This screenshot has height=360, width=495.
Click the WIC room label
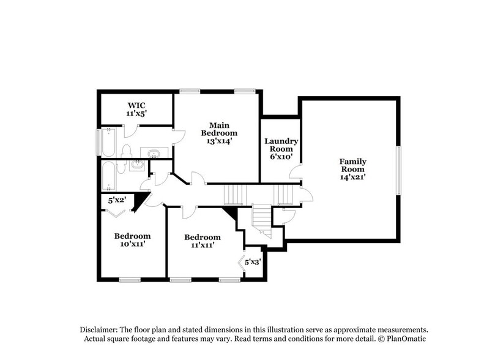136,109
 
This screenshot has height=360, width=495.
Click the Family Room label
352,169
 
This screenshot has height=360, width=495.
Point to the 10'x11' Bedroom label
132,240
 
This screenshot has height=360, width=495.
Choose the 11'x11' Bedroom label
202,241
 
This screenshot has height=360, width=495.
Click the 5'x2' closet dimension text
117,200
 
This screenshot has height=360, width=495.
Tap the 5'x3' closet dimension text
253,262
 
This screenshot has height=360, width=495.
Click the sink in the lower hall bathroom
138,163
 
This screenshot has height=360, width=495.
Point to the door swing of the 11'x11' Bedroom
189,212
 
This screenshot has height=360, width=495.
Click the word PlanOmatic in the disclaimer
404,339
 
